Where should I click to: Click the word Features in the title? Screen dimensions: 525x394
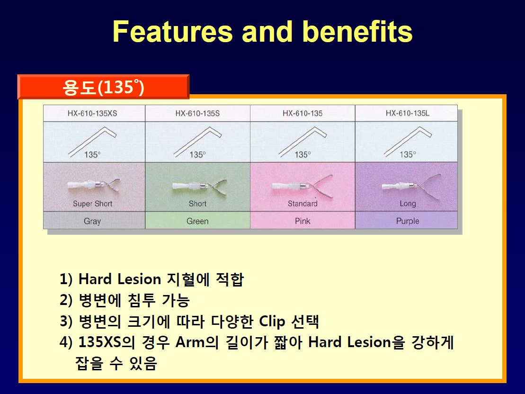coord(172,31)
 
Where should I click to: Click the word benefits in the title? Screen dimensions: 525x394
coord(357,31)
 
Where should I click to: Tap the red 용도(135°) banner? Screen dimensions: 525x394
coord(104,87)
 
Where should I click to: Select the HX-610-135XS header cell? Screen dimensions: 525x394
coord(92,113)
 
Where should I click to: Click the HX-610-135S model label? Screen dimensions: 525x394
coord(197,113)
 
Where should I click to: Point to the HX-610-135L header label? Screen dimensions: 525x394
coord(408,113)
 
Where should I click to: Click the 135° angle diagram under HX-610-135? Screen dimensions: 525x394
coord(303,142)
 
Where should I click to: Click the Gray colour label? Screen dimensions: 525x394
coord(92,221)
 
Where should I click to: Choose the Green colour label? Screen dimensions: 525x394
coord(197,221)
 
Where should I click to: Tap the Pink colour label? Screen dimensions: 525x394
coord(303,221)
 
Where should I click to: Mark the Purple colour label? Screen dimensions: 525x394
coord(408,221)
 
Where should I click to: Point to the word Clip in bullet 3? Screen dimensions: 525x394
coord(272,321)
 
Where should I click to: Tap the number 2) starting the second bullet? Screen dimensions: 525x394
coord(66,300)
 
